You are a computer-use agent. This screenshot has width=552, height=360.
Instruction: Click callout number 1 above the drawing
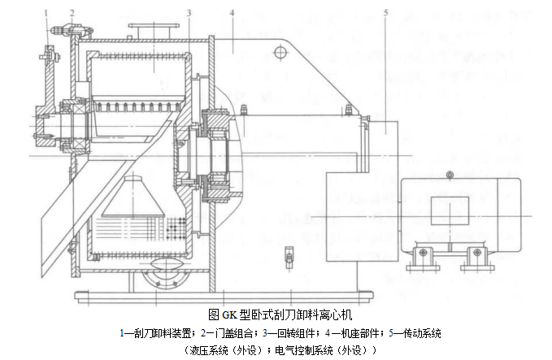(x=48, y=12)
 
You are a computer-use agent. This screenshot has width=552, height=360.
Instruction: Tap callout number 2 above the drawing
(x=72, y=12)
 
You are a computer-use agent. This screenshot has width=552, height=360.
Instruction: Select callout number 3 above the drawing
(x=189, y=12)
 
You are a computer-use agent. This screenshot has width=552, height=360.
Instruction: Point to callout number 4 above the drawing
(x=232, y=12)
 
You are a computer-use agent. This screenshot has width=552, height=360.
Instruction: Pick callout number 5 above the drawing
(x=385, y=12)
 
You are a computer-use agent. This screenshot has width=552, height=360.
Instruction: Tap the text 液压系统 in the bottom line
(x=207, y=350)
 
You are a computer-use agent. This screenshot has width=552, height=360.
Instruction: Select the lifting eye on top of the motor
(x=448, y=175)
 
